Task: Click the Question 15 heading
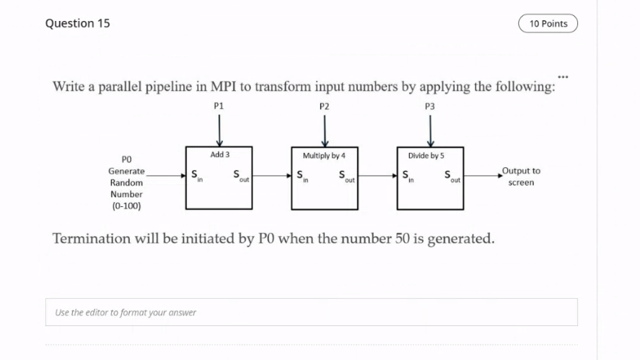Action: click(77, 23)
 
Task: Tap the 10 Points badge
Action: click(548, 24)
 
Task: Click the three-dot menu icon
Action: click(563, 75)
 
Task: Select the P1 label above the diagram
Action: click(219, 105)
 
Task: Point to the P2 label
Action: click(325, 105)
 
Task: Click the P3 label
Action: click(430, 105)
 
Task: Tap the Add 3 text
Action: click(220, 155)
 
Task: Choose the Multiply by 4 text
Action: click(324, 156)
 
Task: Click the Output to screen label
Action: click(520, 177)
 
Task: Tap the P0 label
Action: click(126, 159)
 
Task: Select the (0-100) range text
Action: click(126, 206)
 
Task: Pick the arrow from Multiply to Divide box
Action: click(377, 175)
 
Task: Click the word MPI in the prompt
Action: click(222, 87)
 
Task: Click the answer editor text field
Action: click(311, 312)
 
